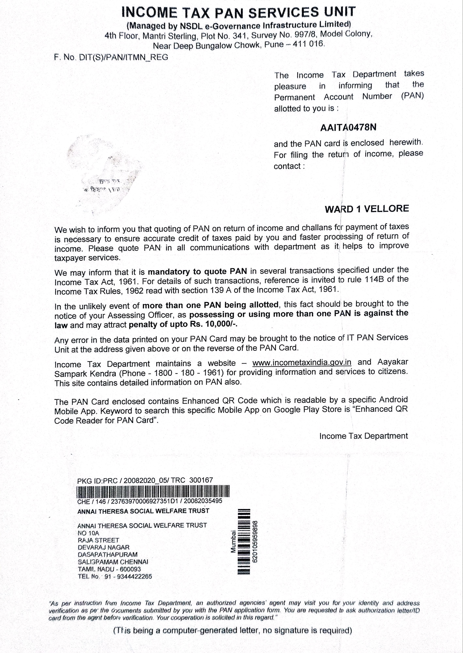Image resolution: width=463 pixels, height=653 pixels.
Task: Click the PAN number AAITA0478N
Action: (348, 127)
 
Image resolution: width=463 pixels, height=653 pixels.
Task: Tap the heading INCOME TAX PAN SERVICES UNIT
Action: (238, 13)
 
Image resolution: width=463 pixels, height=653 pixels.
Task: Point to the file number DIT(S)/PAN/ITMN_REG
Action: (123, 57)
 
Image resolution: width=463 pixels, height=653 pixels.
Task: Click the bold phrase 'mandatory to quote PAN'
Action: (197, 271)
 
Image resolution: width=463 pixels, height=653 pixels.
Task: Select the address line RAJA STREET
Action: (98, 540)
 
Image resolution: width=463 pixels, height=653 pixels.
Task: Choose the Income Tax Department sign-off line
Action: (363, 436)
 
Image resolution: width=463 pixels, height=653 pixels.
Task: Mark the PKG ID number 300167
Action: (201, 480)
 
